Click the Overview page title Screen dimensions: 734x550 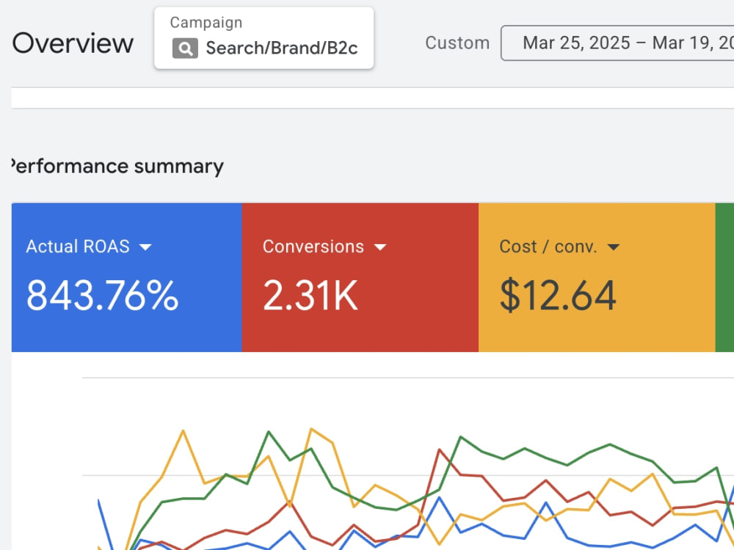[x=73, y=43]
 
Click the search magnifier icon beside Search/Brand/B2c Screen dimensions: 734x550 [x=185, y=48]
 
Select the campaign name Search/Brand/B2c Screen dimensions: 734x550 [x=282, y=48]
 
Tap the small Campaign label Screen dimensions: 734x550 [x=206, y=23]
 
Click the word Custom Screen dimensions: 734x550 [x=457, y=43]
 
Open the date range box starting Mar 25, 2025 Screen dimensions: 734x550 [x=618, y=43]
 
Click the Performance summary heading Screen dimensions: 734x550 [x=117, y=166]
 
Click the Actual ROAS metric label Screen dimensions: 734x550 [x=78, y=246]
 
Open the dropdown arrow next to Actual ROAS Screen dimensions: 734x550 [x=145, y=247]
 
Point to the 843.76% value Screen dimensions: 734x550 [x=103, y=295]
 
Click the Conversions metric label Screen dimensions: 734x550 [x=313, y=246]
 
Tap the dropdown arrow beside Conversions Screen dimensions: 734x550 [x=380, y=247]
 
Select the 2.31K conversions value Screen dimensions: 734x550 [x=310, y=295]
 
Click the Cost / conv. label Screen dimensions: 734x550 [x=548, y=246]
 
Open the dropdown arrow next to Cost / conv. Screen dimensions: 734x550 [x=613, y=247]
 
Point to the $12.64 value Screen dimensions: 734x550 [x=558, y=295]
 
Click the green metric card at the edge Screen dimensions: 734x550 [x=724, y=277]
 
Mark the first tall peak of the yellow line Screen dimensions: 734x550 [x=183, y=430]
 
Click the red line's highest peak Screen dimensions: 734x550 [x=440, y=450]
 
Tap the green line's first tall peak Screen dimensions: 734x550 [x=269, y=432]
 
